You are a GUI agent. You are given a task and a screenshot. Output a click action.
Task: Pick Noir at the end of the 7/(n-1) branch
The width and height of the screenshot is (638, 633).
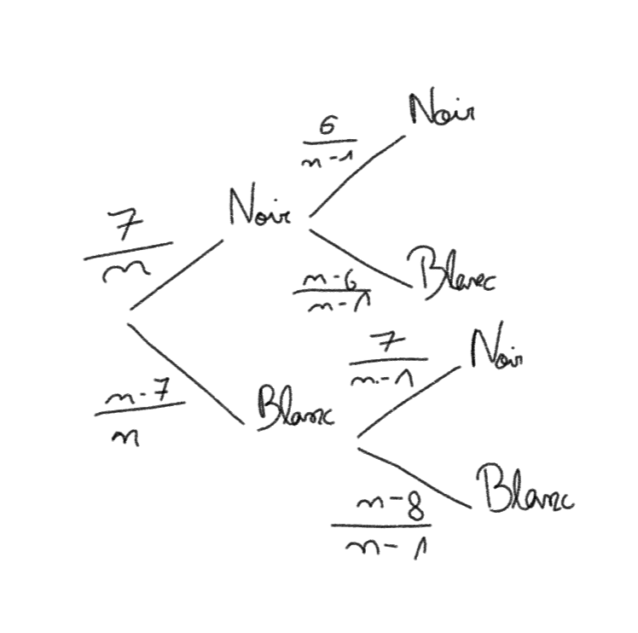tap(496, 348)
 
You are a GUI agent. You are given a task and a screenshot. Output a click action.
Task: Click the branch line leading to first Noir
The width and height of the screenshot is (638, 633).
tap(176, 274)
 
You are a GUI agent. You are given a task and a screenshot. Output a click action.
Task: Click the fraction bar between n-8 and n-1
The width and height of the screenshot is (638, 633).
tap(380, 526)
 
